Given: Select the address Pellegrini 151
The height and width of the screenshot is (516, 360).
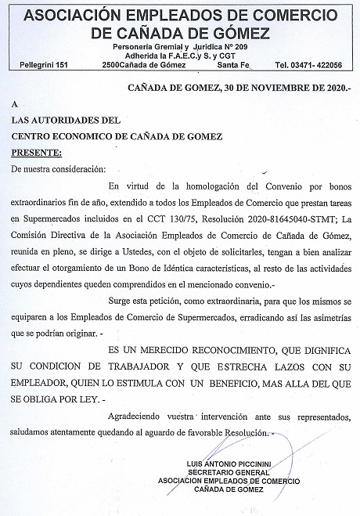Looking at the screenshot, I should coord(43,64).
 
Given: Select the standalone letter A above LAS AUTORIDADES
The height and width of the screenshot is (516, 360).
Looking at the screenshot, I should coord(15,104).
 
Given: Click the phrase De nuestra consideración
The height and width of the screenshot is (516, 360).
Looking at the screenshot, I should coord(58,168).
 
